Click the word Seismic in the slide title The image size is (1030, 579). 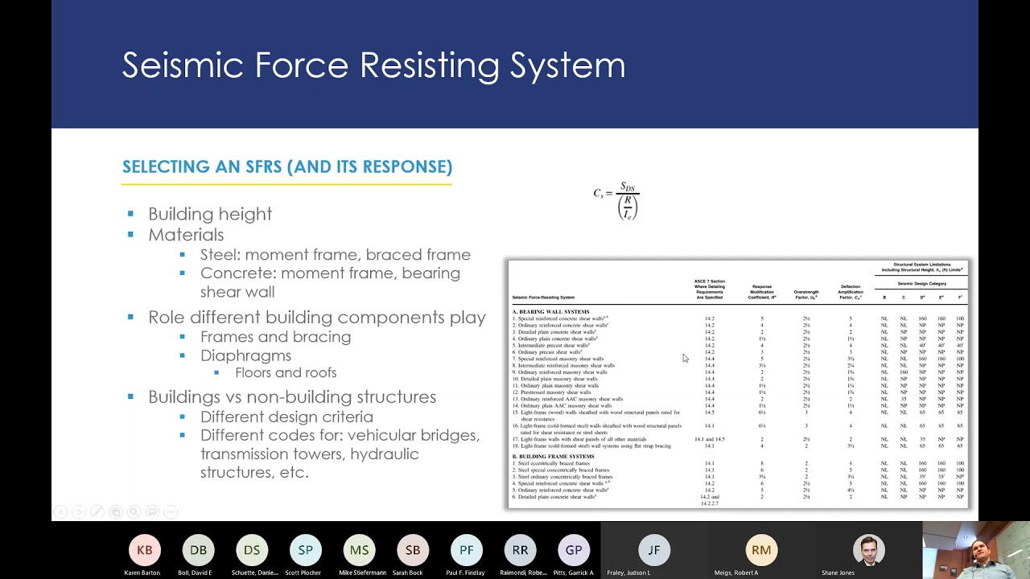[183, 65]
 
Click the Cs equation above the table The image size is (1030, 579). [616, 200]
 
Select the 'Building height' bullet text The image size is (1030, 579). [210, 214]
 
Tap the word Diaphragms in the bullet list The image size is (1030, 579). [245, 355]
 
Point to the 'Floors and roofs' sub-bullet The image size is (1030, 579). [286, 373]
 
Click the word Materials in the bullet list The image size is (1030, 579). [186, 235]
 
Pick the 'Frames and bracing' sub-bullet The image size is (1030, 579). [275, 337]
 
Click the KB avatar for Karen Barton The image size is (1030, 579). [145, 550]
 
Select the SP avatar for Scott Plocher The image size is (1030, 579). [306, 550]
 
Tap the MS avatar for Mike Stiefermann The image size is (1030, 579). [359, 550]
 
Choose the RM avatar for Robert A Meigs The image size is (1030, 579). [761, 550]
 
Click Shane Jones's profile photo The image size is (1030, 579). [868, 549]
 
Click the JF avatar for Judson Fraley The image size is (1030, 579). [654, 550]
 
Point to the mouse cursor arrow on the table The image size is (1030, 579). [685, 358]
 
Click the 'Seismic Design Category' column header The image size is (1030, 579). [921, 284]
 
